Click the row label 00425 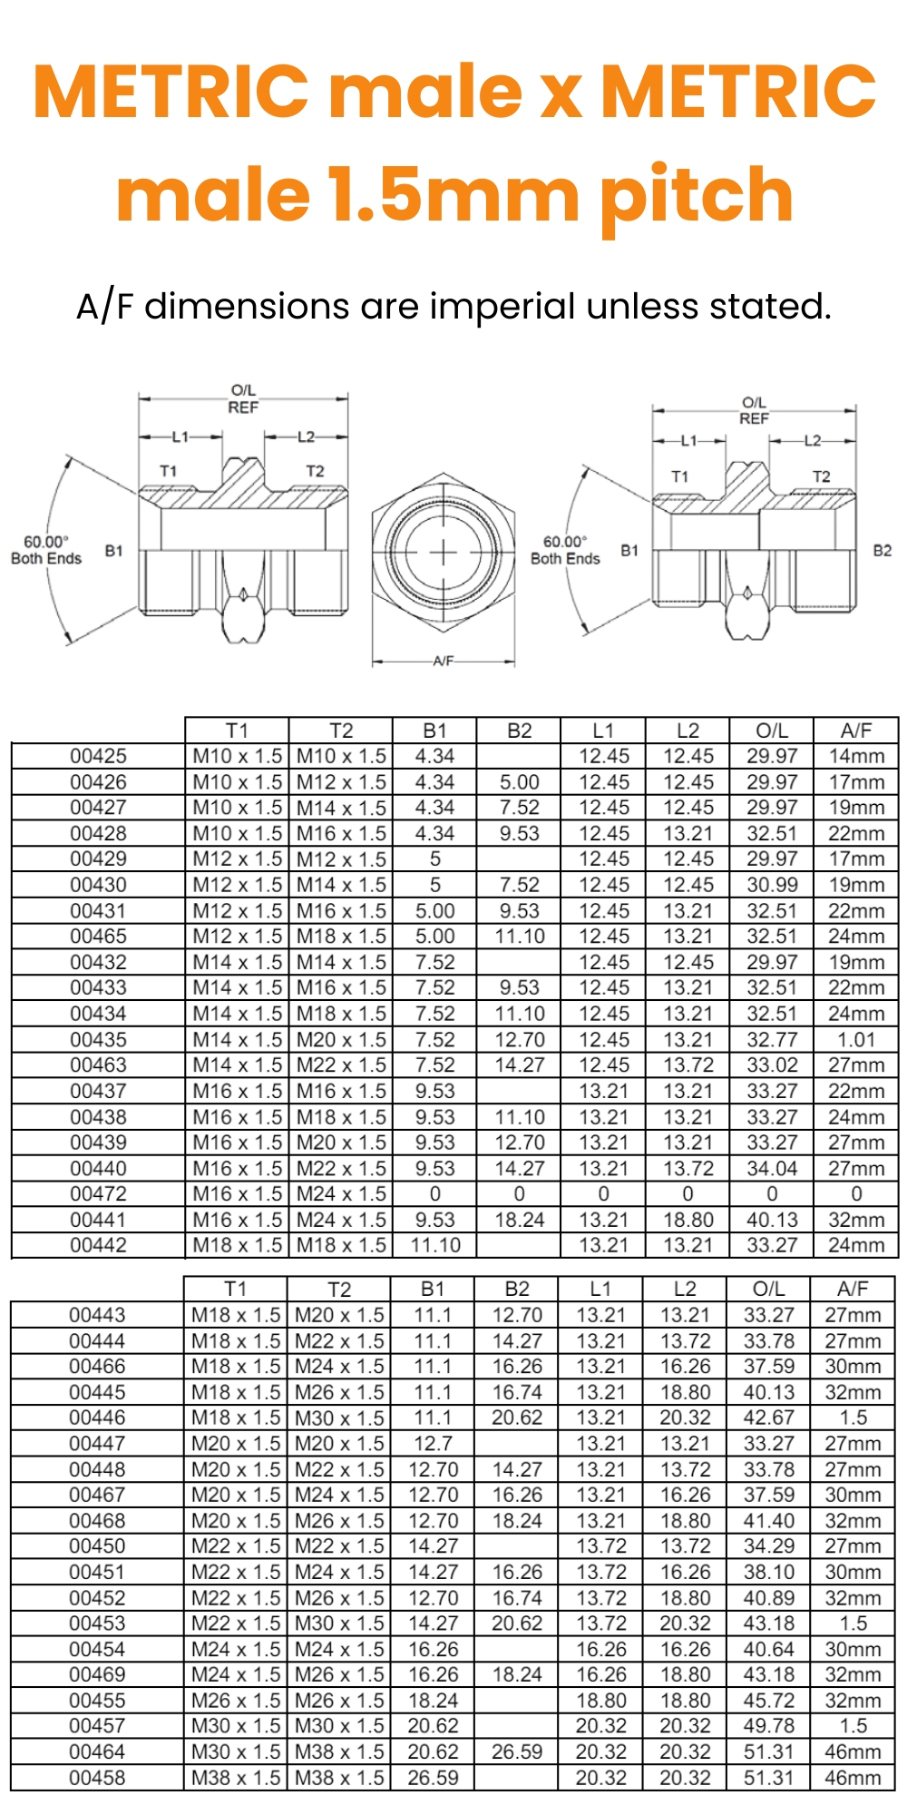[x=98, y=756]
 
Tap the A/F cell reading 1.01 [x=855, y=1039]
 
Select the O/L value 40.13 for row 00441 [x=772, y=1220]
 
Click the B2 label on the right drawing [x=882, y=550]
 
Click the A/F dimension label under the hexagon [x=444, y=661]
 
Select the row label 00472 [x=98, y=1193]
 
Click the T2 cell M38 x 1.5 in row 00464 [x=339, y=1751]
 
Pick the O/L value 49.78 [x=769, y=1726]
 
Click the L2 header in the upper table [x=688, y=731]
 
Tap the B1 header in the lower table [x=433, y=1289]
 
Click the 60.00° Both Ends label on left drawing [x=46, y=550]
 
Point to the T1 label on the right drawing [x=679, y=476]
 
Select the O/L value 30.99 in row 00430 [x=772, y=885]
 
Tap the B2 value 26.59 [x=517, y=1751]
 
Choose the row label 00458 [x=97, y=1778]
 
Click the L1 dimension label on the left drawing [x=180, y=437]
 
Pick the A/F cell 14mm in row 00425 [x=855, y=756]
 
